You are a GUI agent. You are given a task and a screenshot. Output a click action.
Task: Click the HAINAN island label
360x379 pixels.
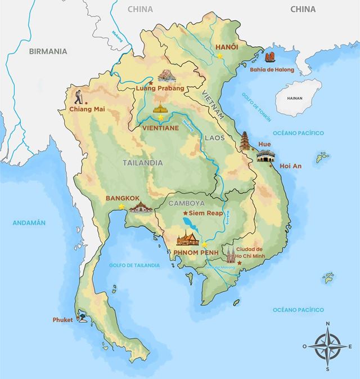point(294,97)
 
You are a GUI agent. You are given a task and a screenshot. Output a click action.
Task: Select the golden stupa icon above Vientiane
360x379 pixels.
point(161,107)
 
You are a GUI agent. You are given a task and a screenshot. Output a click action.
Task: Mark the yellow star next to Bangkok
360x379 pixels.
point(121,207)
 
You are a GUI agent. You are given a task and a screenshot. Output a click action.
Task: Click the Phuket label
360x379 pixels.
point(63,319)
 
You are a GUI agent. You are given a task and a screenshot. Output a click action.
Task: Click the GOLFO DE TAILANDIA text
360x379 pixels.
point(135,264)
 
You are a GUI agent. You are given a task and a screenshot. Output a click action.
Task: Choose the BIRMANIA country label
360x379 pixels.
point(48,51)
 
